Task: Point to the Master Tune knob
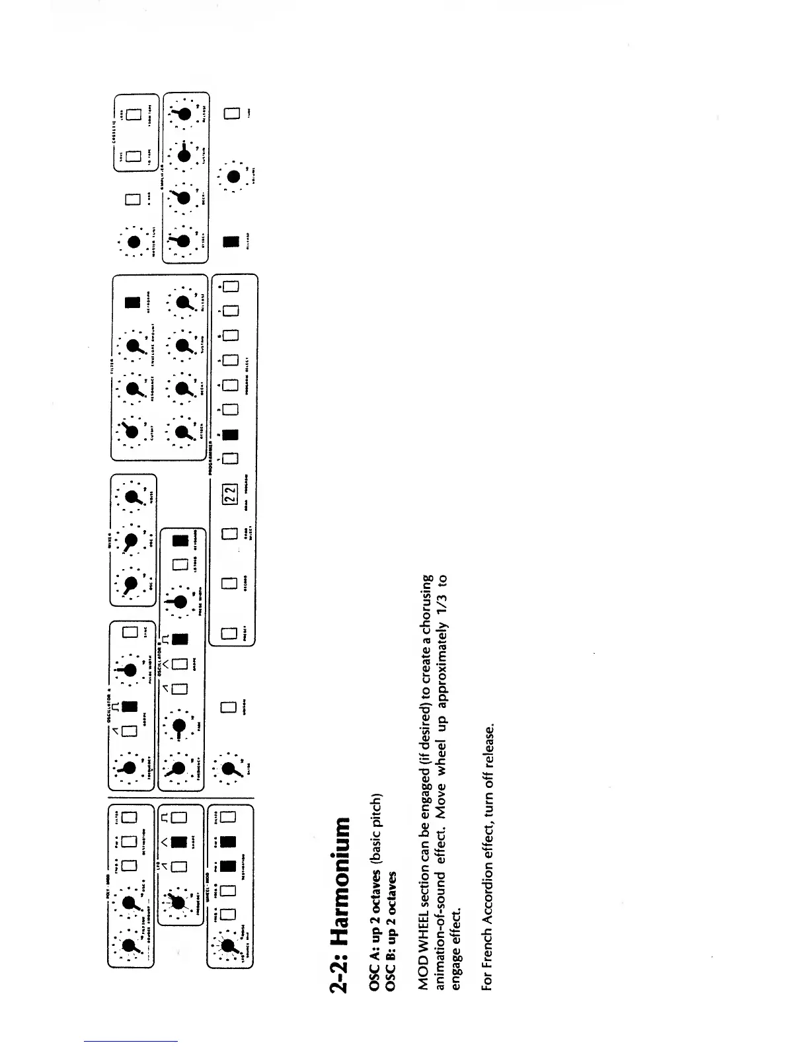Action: point(132,241)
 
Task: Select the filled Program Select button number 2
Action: point(229,435)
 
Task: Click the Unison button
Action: point(229,707)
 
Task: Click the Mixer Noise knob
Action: point(132,497)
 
